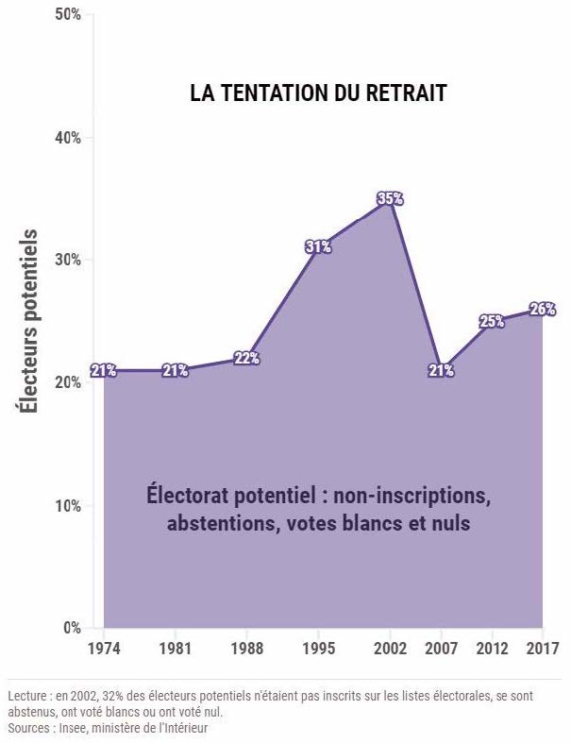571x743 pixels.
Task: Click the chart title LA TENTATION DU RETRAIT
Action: [x=318, y=93]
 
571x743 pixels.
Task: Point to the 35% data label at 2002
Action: [x=390, y=198]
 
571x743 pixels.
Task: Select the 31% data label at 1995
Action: [x=318, y=247]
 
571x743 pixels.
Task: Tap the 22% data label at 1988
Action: [x=246, y=358]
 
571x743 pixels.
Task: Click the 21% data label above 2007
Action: [x=441, y=371]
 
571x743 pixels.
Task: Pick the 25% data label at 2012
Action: [x=492, y=321]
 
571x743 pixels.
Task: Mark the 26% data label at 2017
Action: [x=543, y=309]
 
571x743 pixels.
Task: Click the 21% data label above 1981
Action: [x=176, y=371]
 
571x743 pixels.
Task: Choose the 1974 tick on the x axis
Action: [x=104, y=649]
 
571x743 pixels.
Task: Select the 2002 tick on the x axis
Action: [x=390, y=649]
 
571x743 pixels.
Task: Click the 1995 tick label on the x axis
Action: [x=318, y=649]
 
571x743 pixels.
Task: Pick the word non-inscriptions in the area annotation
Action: [x=419, y=495]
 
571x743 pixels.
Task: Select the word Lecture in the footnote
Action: [x=28, y=696]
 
